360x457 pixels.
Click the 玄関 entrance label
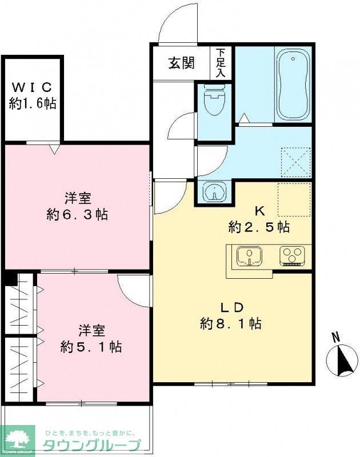coord(181,63)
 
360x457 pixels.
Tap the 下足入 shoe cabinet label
coord(221,63)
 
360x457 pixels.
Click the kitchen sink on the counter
coord(249,256)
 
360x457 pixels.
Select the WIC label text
coord(32,88)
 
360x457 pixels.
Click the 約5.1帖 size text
coord(91,346)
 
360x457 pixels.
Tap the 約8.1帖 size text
coord(230,324)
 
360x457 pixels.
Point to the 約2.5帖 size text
coord(258,227)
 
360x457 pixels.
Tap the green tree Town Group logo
coord(18,440)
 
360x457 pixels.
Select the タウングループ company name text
coord(91,446)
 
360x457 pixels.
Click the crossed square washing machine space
coord(296,162)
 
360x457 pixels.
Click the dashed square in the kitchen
coord(294,199)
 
